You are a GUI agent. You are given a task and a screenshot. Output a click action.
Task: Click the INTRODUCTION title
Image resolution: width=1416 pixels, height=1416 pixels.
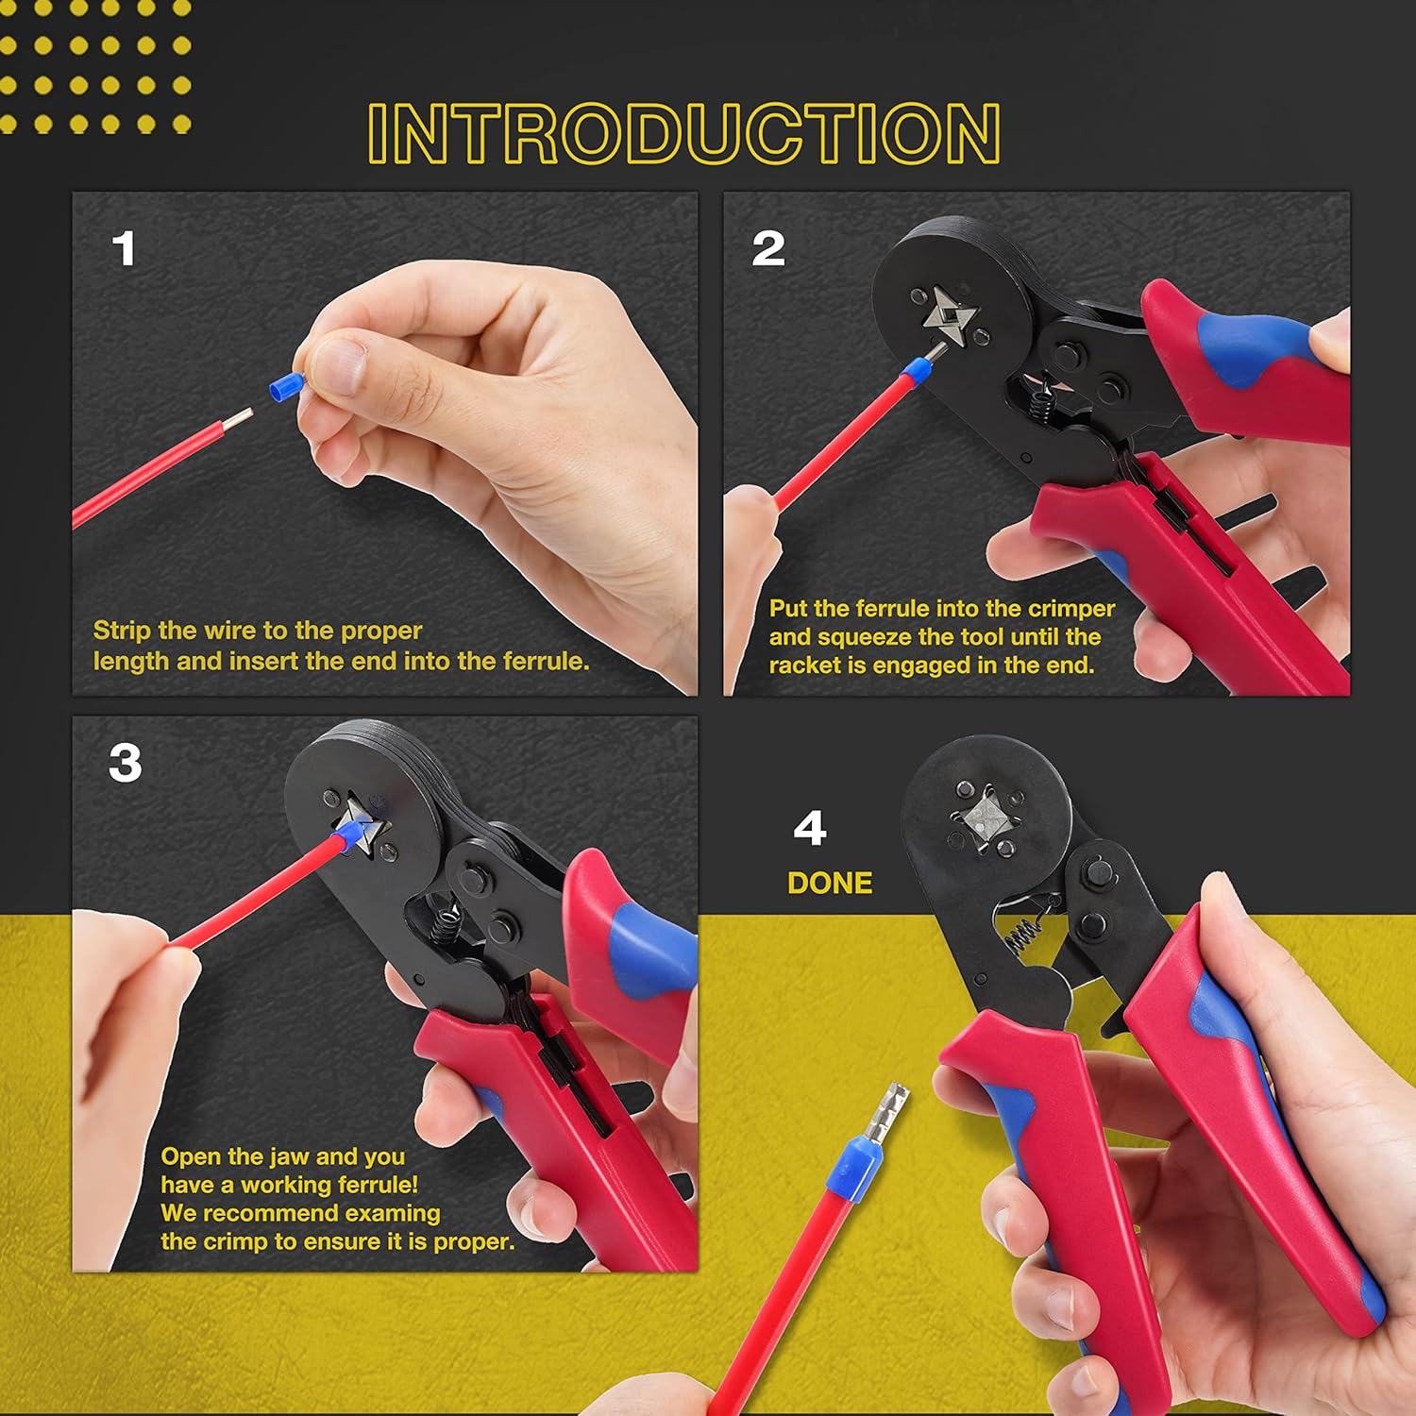[x=683, y=133]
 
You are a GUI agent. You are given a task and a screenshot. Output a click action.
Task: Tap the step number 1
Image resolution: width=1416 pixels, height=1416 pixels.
[x=124, y=249]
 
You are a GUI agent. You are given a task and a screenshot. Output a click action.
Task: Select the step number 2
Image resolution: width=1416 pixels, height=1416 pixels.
[x=767, y=249]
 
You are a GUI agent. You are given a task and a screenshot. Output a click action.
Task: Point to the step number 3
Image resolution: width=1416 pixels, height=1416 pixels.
[x=126, y=763]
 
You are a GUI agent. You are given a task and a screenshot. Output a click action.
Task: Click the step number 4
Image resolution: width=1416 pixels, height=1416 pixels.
[x=810, y=828]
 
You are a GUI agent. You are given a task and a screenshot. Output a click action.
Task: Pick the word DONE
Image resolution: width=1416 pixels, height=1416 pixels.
[x=830, y=883]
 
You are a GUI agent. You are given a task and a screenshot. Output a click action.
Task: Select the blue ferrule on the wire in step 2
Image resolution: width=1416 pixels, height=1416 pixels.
[x=911, y=371]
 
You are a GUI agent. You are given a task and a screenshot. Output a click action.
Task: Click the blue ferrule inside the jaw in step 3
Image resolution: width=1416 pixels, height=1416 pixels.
[x=352, y=834]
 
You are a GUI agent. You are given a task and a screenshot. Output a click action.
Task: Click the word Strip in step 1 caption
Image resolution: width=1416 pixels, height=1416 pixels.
[x=122, y=631]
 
